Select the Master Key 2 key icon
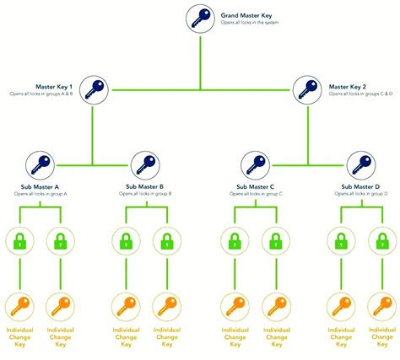pos(305,89)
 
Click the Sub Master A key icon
pos(40,164)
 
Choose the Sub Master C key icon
pos(254,164)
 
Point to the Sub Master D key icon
pos(361,164)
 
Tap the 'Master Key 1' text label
pos(54,85)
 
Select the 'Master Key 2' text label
pos(348,85)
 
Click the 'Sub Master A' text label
pos(40,186)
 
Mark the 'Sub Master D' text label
pos(361,186)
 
